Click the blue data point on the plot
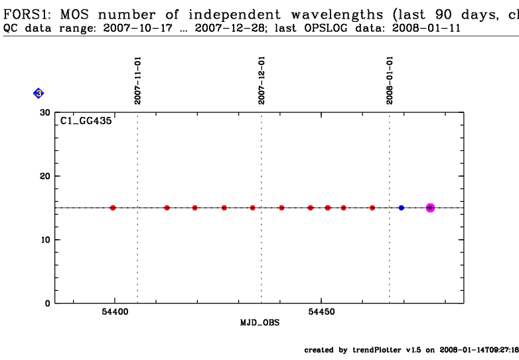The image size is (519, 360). tap(402, 208)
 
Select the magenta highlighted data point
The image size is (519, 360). tap(430, 208)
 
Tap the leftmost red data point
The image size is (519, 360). tap(113, 208)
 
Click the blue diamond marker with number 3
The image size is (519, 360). tap(38, 94)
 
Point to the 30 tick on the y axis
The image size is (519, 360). tap(44, 112)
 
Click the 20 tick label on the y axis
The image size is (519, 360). tap(44, 176)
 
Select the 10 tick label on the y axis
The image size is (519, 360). tap(44, 240)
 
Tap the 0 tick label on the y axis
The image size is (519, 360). tap(48, 304)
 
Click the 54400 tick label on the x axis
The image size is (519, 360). tap(115, 312)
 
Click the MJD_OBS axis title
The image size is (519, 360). tap(259, 322)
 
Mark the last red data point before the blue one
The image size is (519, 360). tap(372, 208)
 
